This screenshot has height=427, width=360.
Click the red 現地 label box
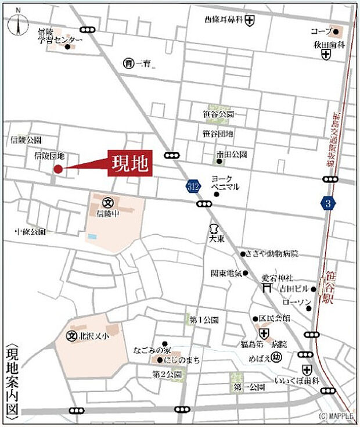pyautogui.click(x=129, y=163)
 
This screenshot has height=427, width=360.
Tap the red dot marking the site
pyautogui.click(x=58, y=169)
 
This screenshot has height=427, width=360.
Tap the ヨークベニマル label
pyautogui.click(x=225, y=183)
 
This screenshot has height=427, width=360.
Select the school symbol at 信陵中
pyautogui.click(x=107, y=203)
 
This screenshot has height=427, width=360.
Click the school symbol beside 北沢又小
pyautogui.click(x=72, y=336)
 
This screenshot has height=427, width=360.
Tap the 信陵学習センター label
pyautogui.click(x=57, y=35)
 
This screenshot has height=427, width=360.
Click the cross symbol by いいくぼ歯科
pyautogui.click(x=307, y=369)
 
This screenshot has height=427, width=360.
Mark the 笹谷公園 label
pyautogui.click(x=218, y=114)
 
